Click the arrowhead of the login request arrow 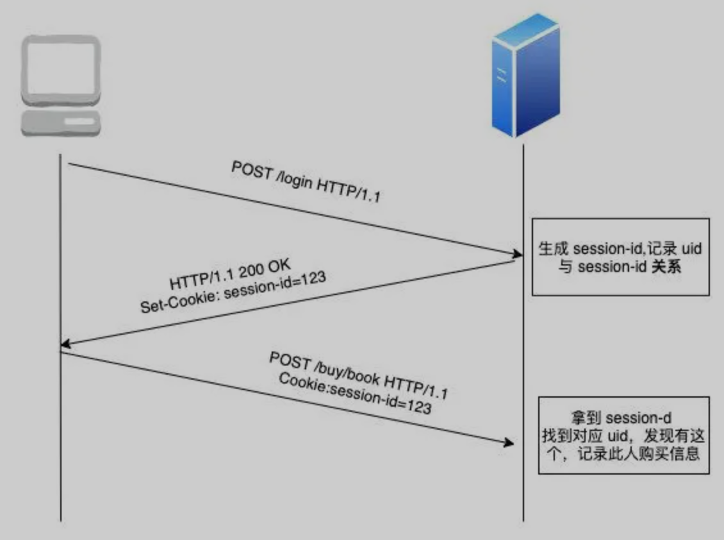pyautogui.click(x=511, y=253)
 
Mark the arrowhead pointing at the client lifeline pyautogui.click(x=65, y=346)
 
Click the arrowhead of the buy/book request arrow pyautogui.click(x=510, y=443)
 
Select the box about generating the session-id pyautogui.click(x=620, y=257)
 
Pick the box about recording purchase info pyautogui.click(x=623, y=435)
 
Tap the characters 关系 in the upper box pyautogui.click(x=666, y=267)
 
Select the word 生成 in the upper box pyautogui.click(x=555, y=248)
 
